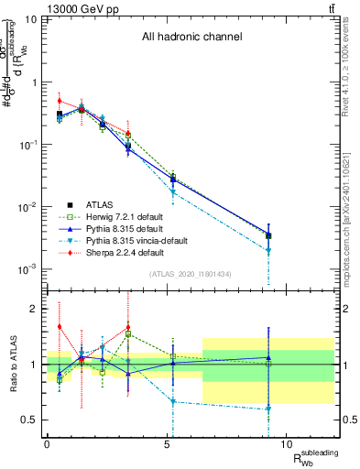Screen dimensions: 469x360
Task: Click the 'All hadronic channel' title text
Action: (191, 38)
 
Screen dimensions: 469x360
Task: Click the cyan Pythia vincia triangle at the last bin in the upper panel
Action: (268, 250)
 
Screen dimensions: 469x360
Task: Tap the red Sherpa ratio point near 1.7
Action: (60, 326)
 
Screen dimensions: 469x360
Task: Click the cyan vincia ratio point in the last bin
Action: (268, 409)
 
